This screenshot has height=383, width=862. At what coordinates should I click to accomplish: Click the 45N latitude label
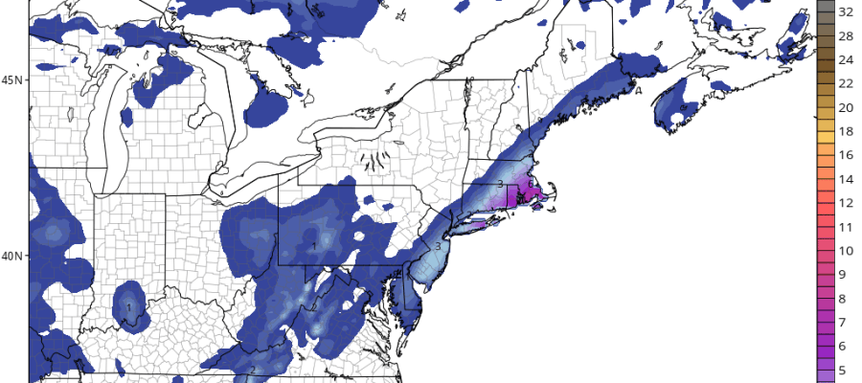point(12,79)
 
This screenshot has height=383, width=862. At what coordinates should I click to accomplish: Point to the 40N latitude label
point(12,256)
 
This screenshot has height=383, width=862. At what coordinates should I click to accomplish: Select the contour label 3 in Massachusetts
point(500,183)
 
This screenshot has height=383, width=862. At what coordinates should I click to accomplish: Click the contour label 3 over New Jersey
point(438,246)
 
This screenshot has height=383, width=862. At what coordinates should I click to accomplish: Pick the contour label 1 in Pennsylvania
point(314,247)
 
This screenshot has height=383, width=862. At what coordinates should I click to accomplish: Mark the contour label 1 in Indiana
point(128,307)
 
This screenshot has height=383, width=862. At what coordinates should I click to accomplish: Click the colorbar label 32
point(846,12)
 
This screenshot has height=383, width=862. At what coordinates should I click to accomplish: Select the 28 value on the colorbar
point(846,36)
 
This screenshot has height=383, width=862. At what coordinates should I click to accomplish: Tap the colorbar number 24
point(846,59)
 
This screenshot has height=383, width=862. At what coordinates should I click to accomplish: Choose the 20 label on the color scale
point(846,107)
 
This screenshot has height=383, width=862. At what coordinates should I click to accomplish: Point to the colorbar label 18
point(846,131)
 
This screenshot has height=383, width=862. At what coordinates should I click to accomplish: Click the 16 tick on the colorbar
point(846,155)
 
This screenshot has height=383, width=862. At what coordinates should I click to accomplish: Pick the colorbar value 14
point(846,179)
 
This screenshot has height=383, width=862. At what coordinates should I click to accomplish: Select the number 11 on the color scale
point(846,227)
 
